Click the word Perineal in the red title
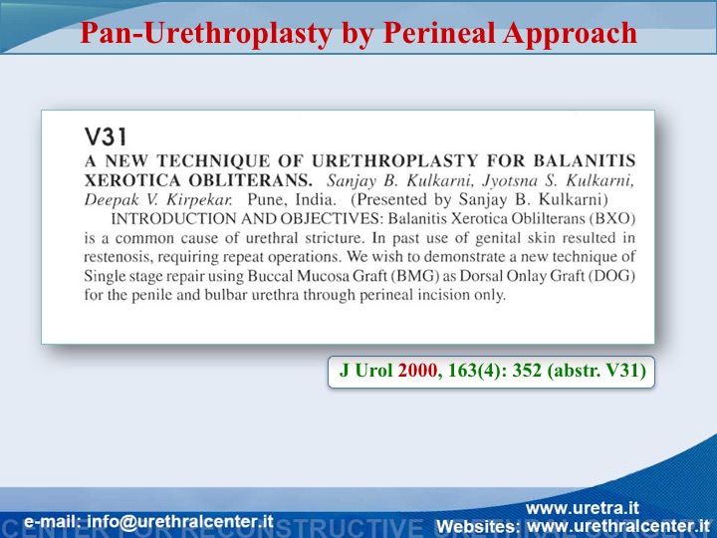pos(440,33)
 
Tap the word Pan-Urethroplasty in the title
pos(206,34)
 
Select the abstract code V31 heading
pos(106,136)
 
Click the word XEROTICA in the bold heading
pos(132,180)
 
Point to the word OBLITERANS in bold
pos(251,180)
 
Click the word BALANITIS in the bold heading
pos(585,160)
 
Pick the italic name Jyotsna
pos(510,181)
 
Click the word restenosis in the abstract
pos(119,257)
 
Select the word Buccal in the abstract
pos(270,276)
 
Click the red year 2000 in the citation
pos(417,370)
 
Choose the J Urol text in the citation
pos(365,370)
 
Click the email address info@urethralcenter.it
pos(179,521)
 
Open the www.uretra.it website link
pos(583,508)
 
